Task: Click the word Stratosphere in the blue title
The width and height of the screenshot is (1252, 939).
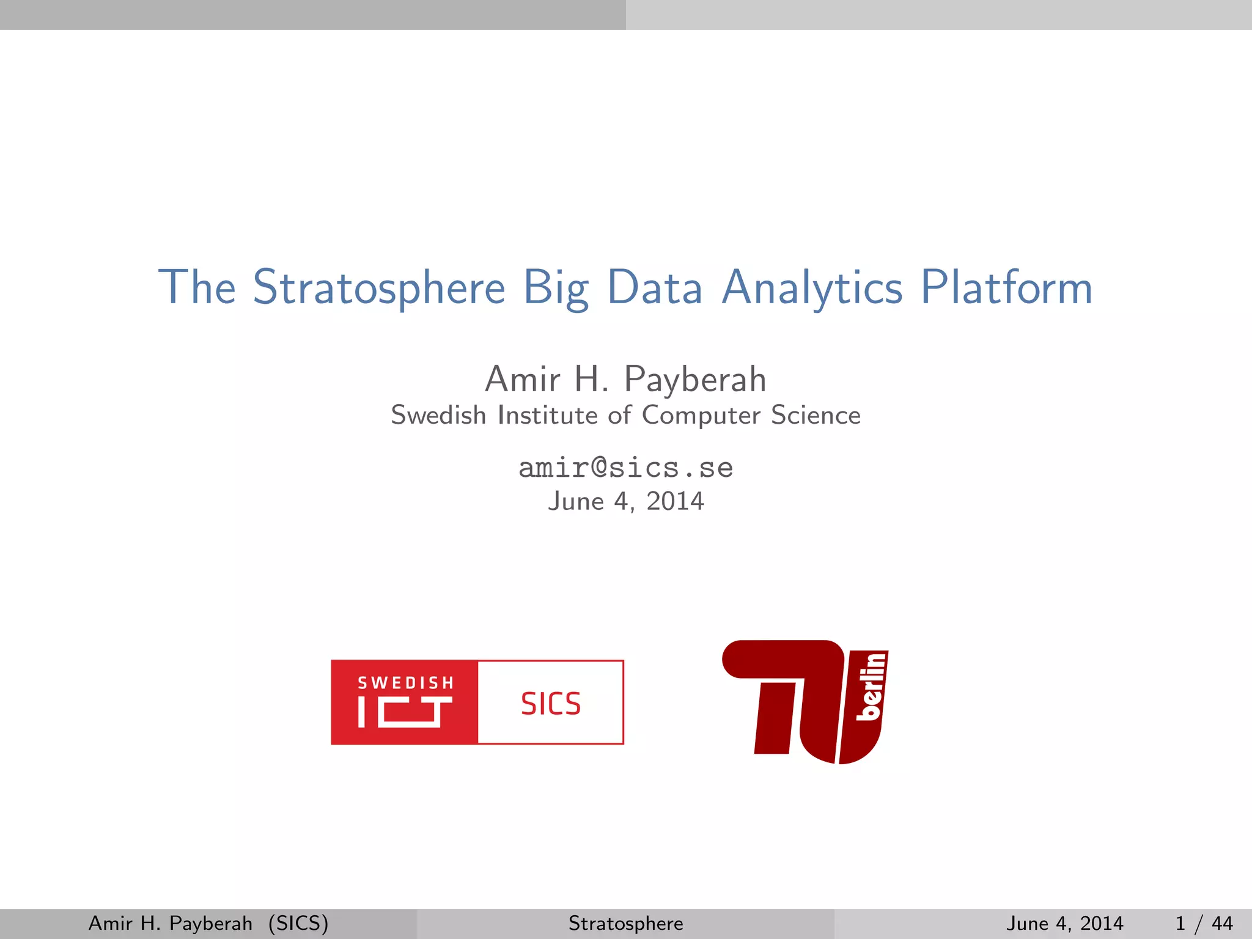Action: point(379,287)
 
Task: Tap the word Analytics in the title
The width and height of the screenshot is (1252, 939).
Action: point(812,287)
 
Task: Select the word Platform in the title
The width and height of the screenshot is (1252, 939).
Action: point(1006,287)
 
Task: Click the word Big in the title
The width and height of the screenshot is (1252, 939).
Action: point(556,287)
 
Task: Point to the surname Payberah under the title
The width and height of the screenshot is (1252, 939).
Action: point(695,380)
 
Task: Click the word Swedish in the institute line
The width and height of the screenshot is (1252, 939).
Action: point(438,415)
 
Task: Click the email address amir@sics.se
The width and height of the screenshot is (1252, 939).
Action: point(625,468)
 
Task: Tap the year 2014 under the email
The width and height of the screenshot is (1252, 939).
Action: point(675,501)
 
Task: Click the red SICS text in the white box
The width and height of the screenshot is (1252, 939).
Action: point(550,704)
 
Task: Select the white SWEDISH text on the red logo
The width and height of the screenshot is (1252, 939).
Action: point(405,683)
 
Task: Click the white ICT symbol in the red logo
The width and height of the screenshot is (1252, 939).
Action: point(405,712)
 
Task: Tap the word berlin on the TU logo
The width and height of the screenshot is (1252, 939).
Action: point(871,686)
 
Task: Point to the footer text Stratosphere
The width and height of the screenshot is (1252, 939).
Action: point(625,923)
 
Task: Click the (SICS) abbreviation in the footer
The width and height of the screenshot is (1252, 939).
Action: point(298,923)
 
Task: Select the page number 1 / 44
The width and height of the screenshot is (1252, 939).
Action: point(1204,923)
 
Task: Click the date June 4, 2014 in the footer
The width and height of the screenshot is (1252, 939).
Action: point(1064,923)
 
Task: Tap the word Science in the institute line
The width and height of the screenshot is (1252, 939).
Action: point(816,415)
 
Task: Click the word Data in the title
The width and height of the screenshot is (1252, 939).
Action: point(654,287)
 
